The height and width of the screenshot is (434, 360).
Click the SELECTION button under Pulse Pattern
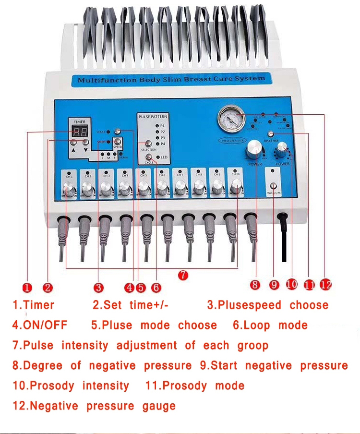coord(148,143)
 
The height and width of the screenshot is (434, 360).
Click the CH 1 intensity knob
coord(70,192)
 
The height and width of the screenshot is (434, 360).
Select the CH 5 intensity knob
coord(143,191)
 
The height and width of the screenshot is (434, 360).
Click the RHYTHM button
coord(271,134)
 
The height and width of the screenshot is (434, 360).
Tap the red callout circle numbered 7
coord(183,275)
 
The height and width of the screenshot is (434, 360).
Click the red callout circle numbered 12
coord(326,285)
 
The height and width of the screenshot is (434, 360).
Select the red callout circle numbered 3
coord(98,288)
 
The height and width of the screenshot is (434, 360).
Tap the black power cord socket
coord(283,219)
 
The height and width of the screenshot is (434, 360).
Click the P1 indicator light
coord(156,125)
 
